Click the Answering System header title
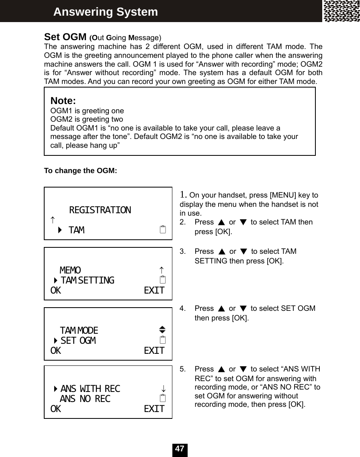pos(106,12)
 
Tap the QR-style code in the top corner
pos(342,11)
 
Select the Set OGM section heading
pos(65,37)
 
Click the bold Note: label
pos(63,100)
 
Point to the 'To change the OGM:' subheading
pos(80,171)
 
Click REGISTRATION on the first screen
pos(100,210)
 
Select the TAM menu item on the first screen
pos(76,230)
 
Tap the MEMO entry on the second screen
pos(70,270)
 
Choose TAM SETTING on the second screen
pos(87,280)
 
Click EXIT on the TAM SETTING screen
pos(154,290)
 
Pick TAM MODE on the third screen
pos(79,331)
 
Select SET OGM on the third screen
pos(78,341)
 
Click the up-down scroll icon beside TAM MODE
pos(162,330)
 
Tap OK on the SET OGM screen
pos(56,351)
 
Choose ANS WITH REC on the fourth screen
pos(90,389)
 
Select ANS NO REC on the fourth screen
pos(85,399)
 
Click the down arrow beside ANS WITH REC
pos(164,389)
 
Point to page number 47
pos(180,449)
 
